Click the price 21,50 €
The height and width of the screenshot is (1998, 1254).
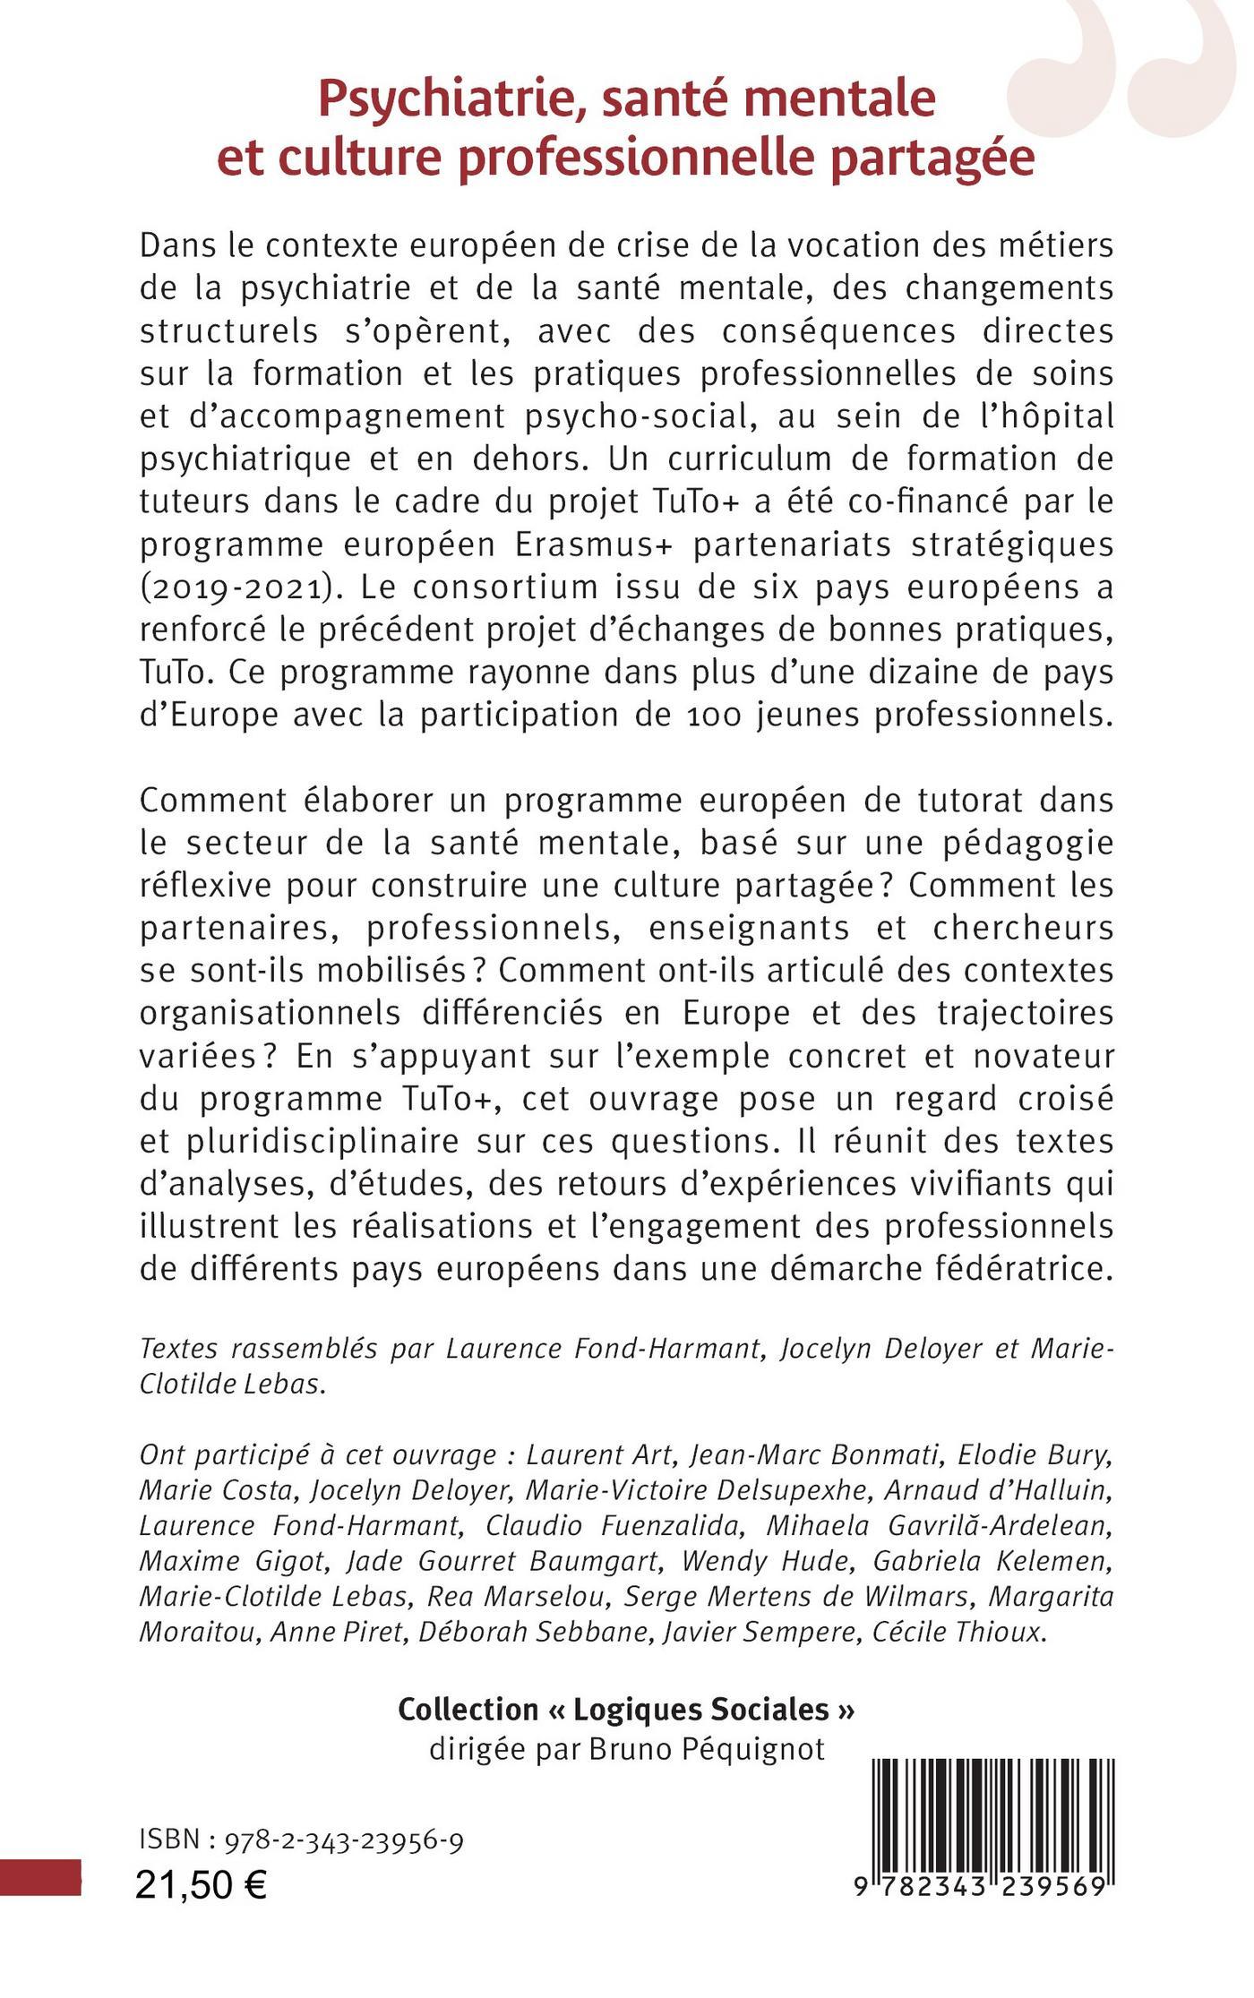tap(202, 1885)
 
